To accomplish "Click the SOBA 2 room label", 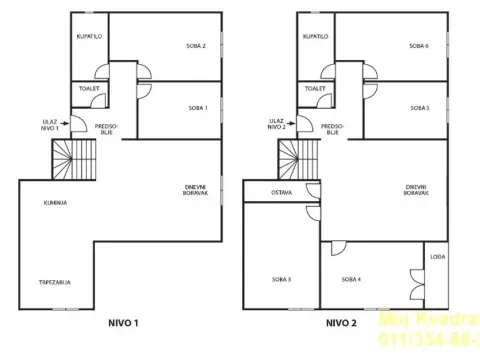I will point(197,46).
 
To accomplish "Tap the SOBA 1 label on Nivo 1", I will point(197,108).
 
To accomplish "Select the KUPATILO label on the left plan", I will point(90,36).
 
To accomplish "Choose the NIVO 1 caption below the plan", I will point(122,323).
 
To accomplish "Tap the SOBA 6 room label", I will point(419,46).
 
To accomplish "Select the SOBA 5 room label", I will point(419,108).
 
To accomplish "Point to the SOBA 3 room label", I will point(281,279).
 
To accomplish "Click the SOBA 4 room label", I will point(349,279).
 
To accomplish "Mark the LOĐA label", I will point(436,257).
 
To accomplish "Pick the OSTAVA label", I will point(282,192).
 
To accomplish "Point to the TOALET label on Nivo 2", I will point(316,88).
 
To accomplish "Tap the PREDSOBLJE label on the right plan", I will point(330,128).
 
